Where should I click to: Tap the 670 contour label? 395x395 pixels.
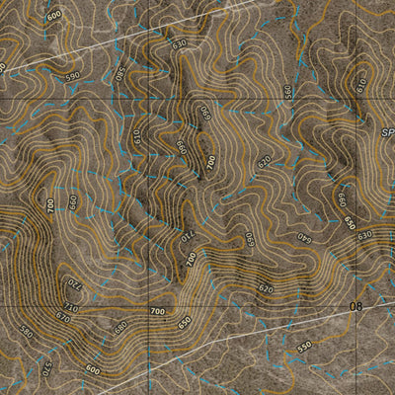[63, 317]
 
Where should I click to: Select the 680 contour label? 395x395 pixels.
[121, 327]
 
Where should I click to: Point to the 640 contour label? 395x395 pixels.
[303, 238]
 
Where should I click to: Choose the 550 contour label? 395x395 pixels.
[304, 347]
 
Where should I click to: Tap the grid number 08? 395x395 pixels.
[357, 307]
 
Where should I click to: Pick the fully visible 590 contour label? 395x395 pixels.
[73, 76]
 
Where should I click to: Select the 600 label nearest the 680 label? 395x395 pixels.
[93, 369]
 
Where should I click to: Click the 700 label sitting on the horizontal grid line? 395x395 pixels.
[157, 312]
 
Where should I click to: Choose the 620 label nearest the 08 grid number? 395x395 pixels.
[265, 288]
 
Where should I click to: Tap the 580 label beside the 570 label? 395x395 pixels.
[27, 333]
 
